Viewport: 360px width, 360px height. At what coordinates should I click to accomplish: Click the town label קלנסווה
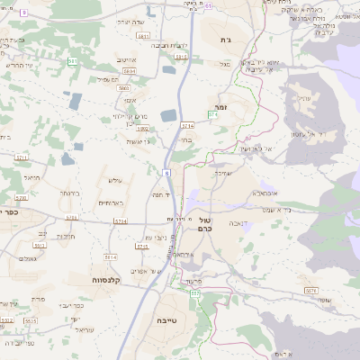(x=107, y=280)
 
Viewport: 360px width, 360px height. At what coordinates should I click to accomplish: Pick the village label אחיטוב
(x=125, y=59)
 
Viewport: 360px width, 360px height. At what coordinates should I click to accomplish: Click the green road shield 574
(x=213, y=115)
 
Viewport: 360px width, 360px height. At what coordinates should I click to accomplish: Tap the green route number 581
(x=71, y=60)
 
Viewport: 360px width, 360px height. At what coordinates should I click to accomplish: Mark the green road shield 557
(x=195, y=294)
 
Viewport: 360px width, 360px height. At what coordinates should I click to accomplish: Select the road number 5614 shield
(x=110, y=257)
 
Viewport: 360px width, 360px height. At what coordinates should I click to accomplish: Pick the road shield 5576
(x=310, y=290)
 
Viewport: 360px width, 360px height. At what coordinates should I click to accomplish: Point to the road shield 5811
(x=143, y=35)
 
